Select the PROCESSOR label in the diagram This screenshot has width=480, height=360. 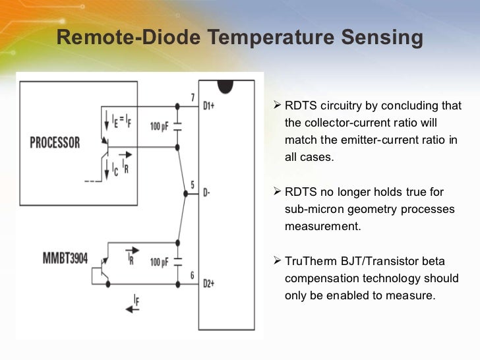pos(55,142)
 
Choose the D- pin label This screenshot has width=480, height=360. pos(206,193)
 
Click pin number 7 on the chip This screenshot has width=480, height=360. pos(193,98)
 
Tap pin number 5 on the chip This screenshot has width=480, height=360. pos(192,185)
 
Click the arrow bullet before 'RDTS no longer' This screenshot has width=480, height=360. pos(277,192)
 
